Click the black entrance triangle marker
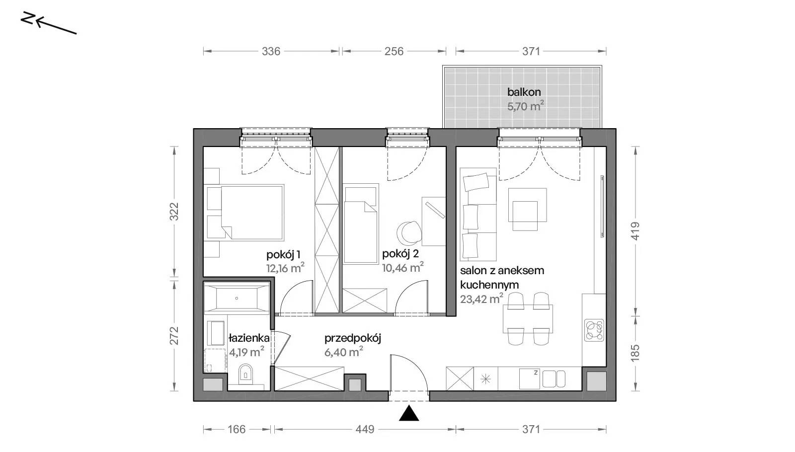(409, 413)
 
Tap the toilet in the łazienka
(245, 374)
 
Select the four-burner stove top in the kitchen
(594, 330)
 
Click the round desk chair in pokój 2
(408, 233)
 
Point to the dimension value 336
(271, 52)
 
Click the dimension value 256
(394, 52)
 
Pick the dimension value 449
(365, 430)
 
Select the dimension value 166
(237, 430)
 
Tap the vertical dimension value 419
(636, 231)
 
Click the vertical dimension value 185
(636, 353)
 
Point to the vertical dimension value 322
(174, 212)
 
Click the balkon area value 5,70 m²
(525, 106)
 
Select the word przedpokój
(352, 338)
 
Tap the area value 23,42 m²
(481, 299)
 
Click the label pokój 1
(283, 255)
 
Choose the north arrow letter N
(27, 18)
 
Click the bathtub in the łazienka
(237, 298)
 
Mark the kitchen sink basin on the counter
(529, 379)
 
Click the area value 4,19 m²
(246, 352)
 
